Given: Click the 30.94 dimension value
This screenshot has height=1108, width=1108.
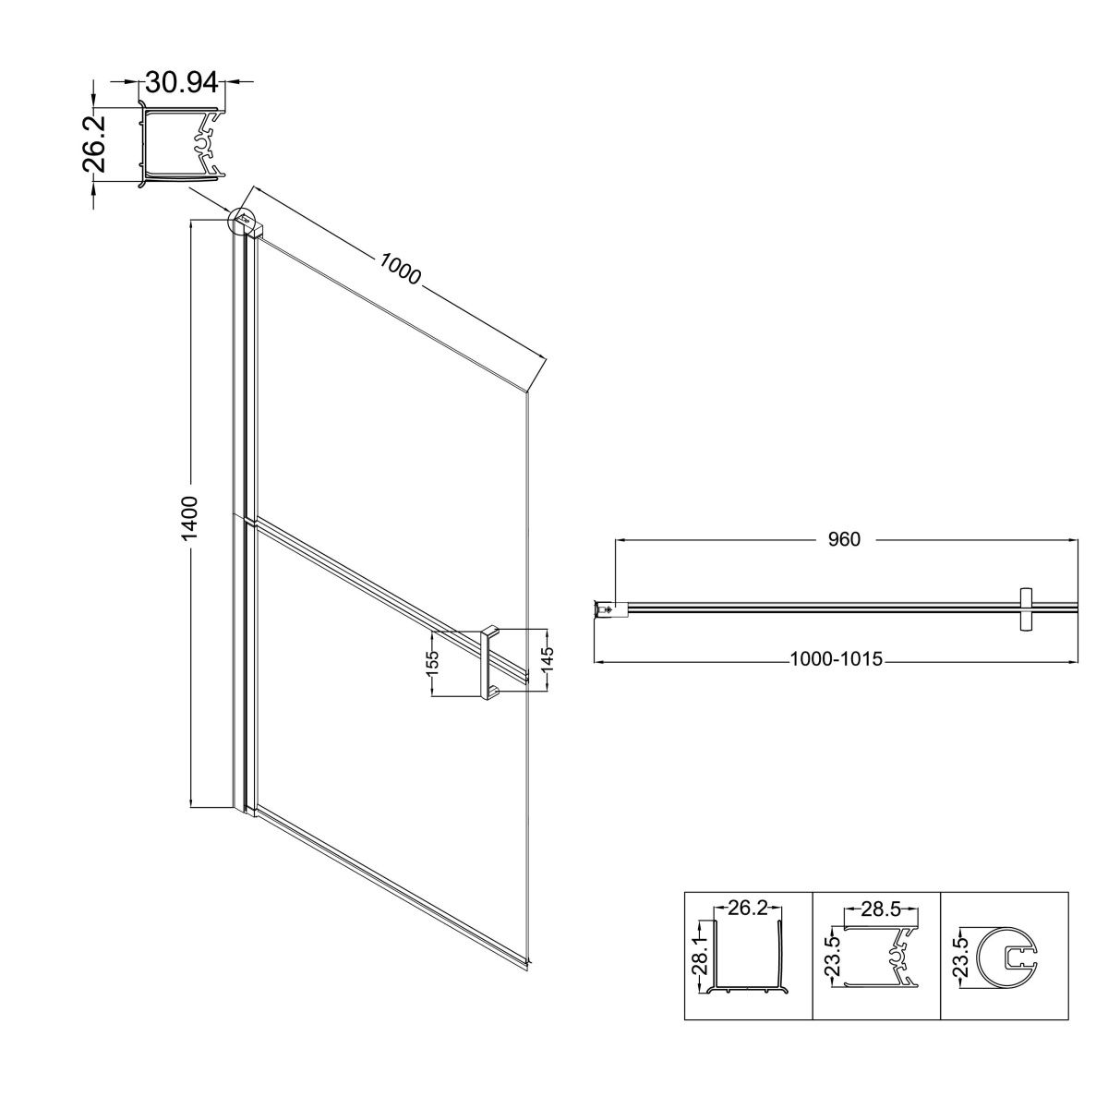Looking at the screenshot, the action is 182,83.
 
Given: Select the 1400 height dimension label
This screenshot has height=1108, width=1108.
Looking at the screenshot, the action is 189,517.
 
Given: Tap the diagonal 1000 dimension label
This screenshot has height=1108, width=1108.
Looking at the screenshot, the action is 400,269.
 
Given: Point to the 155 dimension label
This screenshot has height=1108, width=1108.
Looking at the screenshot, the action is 432,663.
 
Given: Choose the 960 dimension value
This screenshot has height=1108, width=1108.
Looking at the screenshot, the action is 844,538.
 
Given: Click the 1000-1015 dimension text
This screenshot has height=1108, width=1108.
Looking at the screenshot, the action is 836,658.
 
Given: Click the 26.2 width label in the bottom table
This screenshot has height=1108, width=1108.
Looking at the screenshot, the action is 748,908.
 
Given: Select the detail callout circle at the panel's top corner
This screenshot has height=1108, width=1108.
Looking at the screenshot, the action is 240,219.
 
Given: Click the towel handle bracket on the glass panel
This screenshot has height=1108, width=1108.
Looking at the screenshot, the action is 489,664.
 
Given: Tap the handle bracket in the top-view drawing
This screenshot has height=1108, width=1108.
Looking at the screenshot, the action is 1025,609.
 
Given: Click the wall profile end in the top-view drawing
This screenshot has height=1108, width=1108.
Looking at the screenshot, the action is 606,608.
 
